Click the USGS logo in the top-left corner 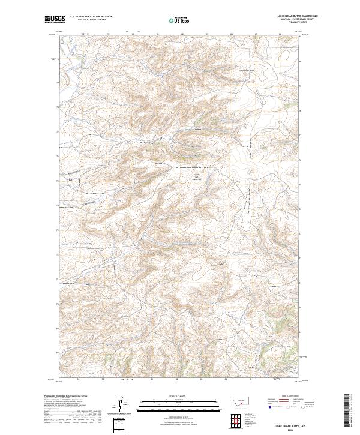pyautogui.click(x=55, y=20)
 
